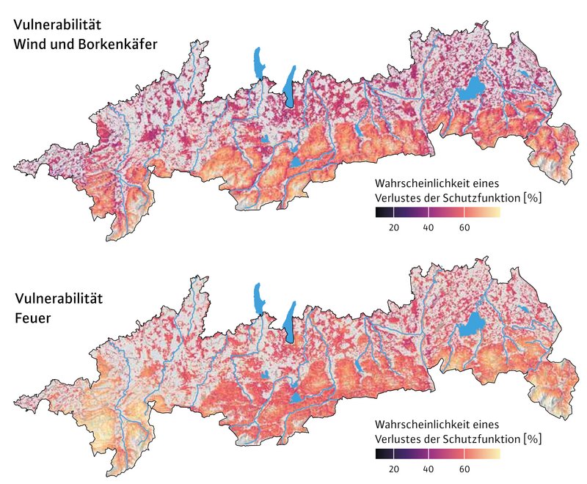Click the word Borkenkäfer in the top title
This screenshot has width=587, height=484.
[x=120, y=44]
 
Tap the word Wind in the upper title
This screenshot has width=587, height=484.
[x=29, y=44]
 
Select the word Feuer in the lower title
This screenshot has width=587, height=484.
[x=34, y=318]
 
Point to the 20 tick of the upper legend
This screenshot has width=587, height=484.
[x=394, y=228]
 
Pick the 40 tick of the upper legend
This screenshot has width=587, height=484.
[x=429, y=228]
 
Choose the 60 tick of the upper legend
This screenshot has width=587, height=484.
[x=464, y=228]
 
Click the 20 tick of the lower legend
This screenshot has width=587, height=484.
[x=394, y=469]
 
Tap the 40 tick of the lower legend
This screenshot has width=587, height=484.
[x=429, y=469]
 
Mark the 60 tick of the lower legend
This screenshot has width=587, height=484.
[x=464, y=469]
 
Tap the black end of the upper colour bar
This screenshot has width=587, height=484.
[x=379, y=213]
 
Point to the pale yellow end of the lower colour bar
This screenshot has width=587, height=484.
[x=497, y=453]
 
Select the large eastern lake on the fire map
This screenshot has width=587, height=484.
[x=471, y=324]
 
